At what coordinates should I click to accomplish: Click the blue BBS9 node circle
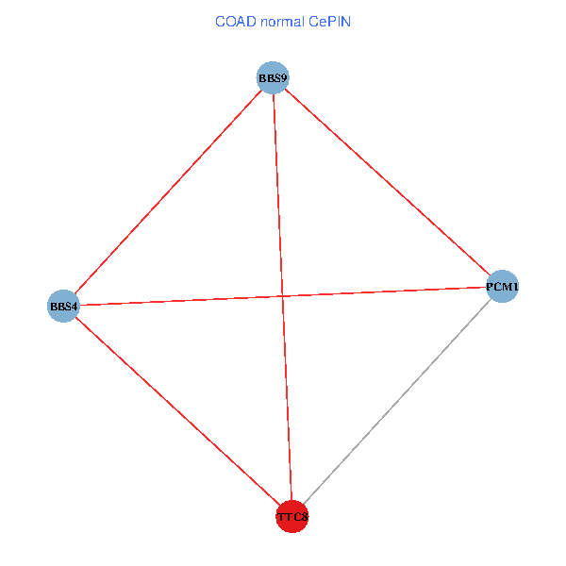click(273, 77)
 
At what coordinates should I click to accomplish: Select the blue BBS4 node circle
click(63, 306)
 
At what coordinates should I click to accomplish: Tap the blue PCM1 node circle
click(503, 286)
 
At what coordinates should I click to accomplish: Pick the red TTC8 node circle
click(292, 516)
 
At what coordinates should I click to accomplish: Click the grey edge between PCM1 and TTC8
click(398, 401)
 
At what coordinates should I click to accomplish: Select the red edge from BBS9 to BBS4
click(168, 191)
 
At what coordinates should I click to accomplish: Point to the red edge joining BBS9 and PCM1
click(388, 181)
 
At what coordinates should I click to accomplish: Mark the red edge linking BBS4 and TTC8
click(177, 410)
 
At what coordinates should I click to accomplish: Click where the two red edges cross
click(282, 296)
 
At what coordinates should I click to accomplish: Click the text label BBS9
click(273, 77)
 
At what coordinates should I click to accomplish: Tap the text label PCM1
click(503, 286)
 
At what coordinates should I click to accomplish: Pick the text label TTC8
click(292, 517)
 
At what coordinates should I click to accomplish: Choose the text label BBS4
click(64, 306)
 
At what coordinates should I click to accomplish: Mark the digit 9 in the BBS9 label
click(283, 77)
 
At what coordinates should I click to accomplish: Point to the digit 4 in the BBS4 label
click(75, 306)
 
